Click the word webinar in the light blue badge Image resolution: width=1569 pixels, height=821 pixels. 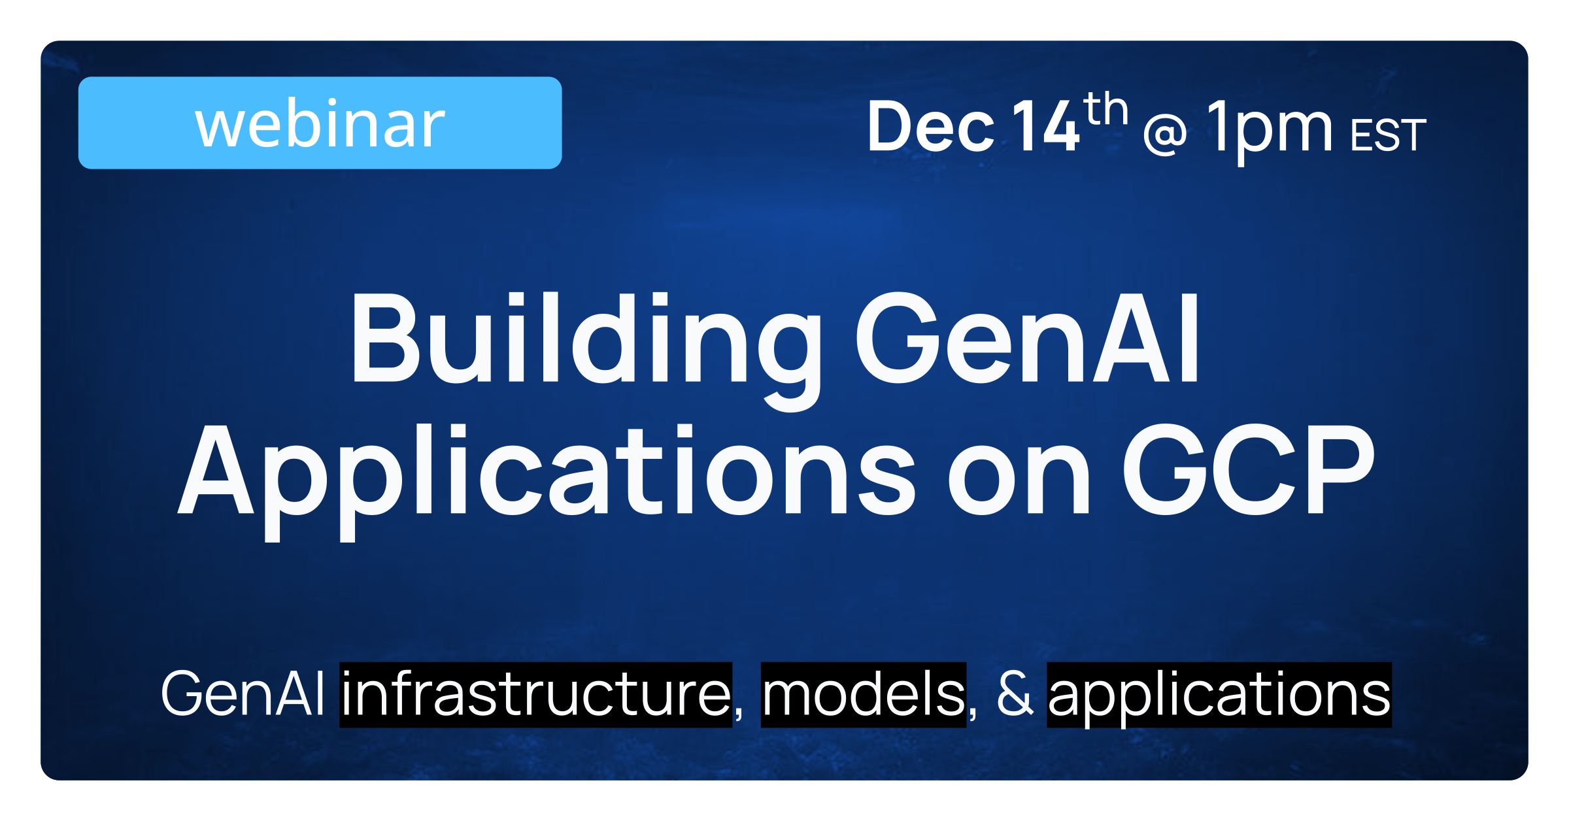click(320, 124)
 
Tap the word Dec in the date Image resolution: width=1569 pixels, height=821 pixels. click(930, 126)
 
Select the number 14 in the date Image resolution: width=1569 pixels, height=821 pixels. click(1045, 126)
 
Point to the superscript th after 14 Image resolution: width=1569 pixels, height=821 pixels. click(1105, 109)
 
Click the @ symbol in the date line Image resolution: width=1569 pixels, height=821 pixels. click(1165, 134)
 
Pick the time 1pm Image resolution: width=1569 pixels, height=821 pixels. click(1270, 131)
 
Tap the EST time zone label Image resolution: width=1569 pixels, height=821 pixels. click(1388, 135)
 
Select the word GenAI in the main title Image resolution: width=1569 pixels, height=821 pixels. click(1027, 337)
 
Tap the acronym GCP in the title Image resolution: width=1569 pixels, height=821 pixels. click(1249, 469)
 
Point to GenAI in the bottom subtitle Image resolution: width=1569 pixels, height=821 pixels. click(243, 693)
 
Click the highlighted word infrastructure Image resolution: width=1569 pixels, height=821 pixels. click(536, 694)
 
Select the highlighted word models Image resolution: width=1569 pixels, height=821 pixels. click(864, 694)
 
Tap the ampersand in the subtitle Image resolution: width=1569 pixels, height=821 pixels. click(1015, 693)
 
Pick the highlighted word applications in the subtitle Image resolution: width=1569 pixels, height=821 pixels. click(1219, 694)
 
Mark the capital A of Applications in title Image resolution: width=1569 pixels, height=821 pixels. click(216, 469)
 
